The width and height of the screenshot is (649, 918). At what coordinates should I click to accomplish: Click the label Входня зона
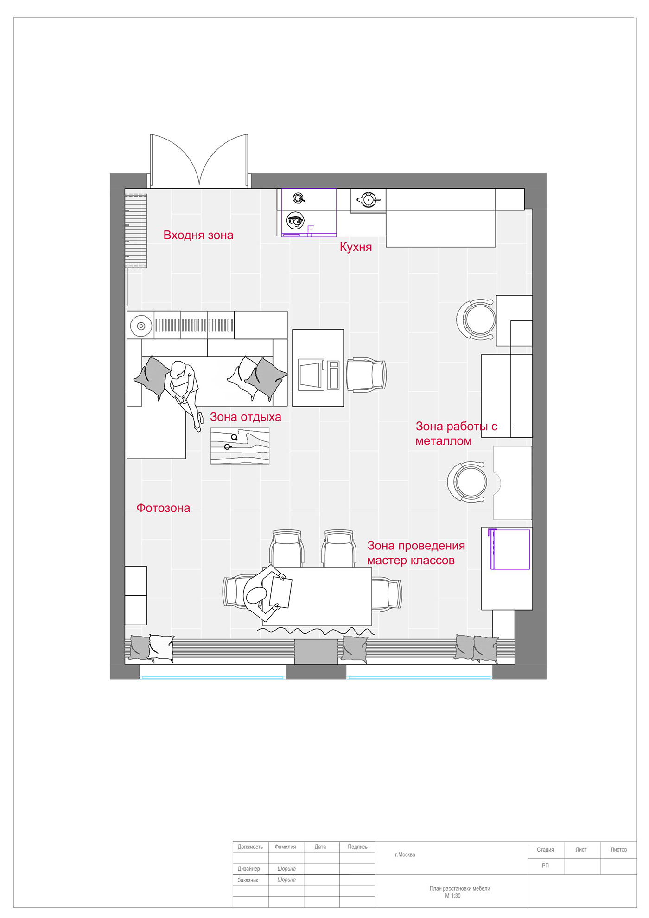pos(198,235)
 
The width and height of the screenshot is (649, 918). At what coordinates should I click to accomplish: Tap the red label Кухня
pos(356,247)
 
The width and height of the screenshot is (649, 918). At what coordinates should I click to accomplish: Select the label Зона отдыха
pos(246,417)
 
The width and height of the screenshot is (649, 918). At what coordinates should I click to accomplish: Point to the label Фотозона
pos(163,508)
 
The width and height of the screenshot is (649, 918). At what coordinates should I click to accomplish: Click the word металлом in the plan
pos(444,441)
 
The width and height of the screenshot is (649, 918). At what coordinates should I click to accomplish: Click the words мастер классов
pos(411,561)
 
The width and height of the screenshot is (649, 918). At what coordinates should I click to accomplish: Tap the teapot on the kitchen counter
pos(368,200)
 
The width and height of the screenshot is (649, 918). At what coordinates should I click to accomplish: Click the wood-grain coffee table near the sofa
pos(240,446)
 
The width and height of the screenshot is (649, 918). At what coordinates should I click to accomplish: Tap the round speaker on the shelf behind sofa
pos(141,326)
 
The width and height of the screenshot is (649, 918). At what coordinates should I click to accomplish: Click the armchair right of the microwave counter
pos(366,375)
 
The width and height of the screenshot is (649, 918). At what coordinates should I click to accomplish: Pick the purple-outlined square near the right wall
pos(509,549)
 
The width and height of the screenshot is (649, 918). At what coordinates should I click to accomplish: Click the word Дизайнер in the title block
pos(249,869)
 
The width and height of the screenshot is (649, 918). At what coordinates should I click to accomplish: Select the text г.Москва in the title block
pos(405,854)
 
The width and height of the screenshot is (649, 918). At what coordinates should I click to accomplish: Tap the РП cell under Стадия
pos(546,866)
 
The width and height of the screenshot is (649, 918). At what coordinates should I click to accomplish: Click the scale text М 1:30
pos(453,896)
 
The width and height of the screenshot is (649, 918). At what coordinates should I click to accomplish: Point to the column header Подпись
pos(357,847)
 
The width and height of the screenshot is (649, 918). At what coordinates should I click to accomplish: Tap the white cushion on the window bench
pos(161,648)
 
